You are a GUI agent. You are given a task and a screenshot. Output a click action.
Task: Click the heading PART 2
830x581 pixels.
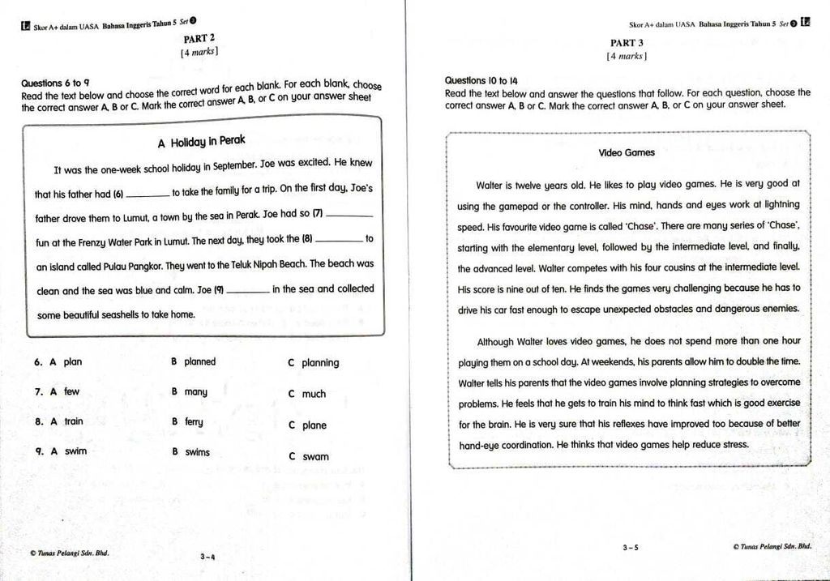tap(199, 38)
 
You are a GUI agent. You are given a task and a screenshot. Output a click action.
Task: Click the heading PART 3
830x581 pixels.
tap(627, 43)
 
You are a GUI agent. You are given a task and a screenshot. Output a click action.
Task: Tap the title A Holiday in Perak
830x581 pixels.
tap(201, 143)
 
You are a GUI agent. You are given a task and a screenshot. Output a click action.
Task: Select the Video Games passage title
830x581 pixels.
tap(627, 152)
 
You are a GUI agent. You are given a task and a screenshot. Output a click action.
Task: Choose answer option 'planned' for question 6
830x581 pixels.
tap(199, 362)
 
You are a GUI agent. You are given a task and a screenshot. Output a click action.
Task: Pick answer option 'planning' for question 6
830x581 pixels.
tap(320, 363)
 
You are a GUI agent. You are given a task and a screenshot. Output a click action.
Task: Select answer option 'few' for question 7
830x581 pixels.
tap(72, 391)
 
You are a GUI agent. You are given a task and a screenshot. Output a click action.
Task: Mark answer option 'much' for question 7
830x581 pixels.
tap(314, 395)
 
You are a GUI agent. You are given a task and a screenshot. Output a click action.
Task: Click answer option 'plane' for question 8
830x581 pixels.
tap(314, 425)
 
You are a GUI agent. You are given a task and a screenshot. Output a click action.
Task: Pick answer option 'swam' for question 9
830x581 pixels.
tap(315, 457)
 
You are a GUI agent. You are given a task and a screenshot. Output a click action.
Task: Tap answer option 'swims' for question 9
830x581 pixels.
tap(197, 452)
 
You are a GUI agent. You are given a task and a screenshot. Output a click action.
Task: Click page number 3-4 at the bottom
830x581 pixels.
tap(207, 557)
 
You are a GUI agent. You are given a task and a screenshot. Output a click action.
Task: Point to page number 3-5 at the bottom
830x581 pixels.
tap(631, 548)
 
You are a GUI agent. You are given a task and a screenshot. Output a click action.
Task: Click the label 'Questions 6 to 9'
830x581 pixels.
tap(55, 83)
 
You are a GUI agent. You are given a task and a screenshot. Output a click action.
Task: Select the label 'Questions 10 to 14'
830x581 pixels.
tap(481, 81)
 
